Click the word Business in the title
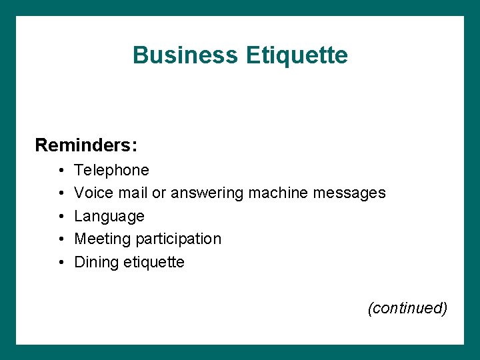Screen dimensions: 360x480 (185, 55)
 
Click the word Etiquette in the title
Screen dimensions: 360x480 (296, 55)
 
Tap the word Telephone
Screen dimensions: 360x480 (111, 170)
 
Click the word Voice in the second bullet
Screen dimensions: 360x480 (93, 193)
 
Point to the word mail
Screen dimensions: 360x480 (132, 193)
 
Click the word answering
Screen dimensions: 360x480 (207, 193)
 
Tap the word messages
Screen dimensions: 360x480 (349, 193)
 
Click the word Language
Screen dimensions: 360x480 (109, 216)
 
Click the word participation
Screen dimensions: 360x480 (179, 239)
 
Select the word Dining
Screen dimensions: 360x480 (97, 262)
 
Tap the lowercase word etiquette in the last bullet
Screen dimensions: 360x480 (154, 262)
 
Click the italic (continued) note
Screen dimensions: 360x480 (407, 308)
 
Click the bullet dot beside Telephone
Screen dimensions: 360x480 (60, 171)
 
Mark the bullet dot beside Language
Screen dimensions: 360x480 (60, 217)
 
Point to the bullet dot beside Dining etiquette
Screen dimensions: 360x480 (60, 263)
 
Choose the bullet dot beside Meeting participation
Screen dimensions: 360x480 (60, 239)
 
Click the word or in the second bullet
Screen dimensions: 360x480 (159, 193)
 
